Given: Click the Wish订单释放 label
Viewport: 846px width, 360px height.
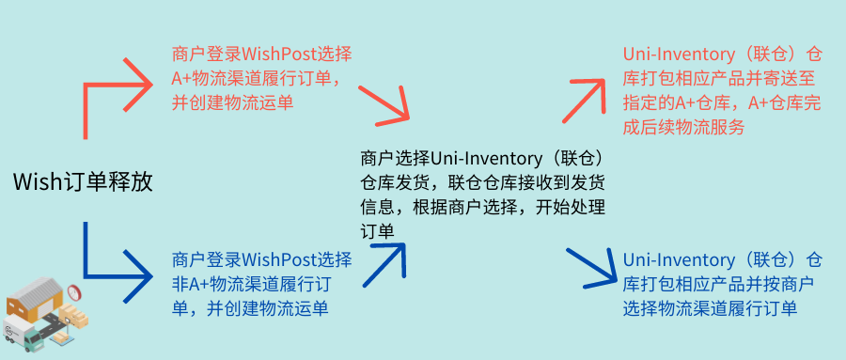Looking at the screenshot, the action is (82, 181).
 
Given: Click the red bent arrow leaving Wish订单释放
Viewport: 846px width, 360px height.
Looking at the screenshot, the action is (113, 94).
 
